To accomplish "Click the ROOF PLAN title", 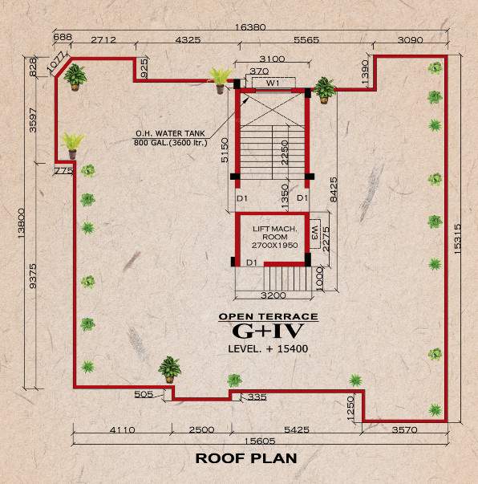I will tap(246, 458).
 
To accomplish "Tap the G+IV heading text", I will tap(268, 331).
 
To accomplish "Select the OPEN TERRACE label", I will tap(269, 316).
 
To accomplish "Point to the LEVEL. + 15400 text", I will tap(268, 348).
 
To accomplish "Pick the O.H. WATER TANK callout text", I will tap(170, 138).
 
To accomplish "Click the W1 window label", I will tap(272, 82).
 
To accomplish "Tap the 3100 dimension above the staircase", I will tap(272, 59).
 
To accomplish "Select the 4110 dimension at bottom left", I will tap(122, 430).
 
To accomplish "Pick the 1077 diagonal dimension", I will tap(55, 61).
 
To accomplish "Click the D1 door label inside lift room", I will tap(251, 262).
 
